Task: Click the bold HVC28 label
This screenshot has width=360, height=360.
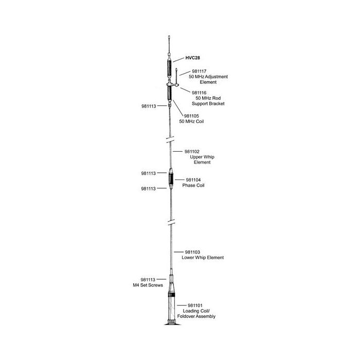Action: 193,58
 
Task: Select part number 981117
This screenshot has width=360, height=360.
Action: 199,71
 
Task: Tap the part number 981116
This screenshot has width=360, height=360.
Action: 199,93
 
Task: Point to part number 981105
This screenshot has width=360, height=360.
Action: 191,116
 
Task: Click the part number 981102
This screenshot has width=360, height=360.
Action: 192,152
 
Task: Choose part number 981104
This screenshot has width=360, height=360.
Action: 193,180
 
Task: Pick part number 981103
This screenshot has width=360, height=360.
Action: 192,252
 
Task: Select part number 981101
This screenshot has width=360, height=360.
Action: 195,305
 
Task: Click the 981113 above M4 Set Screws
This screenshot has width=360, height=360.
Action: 148,280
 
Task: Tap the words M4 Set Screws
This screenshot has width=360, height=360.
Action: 148,285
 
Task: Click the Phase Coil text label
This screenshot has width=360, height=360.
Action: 193,185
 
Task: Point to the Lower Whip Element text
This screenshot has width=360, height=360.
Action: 203,258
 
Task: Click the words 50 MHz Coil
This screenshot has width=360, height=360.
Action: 191,121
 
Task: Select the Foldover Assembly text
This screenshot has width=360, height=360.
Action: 196,316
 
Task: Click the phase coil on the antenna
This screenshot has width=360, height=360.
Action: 171,178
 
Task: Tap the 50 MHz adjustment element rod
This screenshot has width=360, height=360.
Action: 176,77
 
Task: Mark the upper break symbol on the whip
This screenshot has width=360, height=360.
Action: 170,139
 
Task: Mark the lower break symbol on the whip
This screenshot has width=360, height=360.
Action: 171,222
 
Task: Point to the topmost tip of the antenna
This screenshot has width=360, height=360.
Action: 169,36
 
